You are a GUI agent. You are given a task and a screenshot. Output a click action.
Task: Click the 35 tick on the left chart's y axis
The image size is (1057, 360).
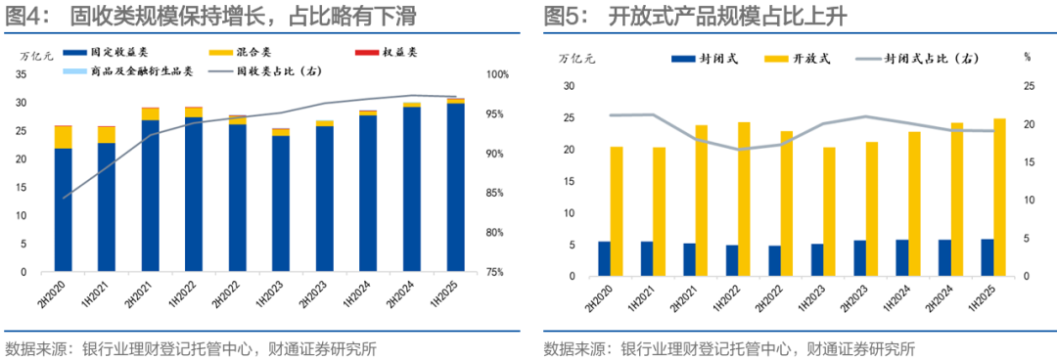point(21,75)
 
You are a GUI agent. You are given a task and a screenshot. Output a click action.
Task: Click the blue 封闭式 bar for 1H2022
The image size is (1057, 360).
point(732,260)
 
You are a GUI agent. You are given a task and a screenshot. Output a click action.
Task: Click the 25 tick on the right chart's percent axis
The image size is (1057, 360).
point(1027,87)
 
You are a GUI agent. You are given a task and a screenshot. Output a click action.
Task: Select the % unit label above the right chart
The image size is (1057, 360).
point(1027,57)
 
